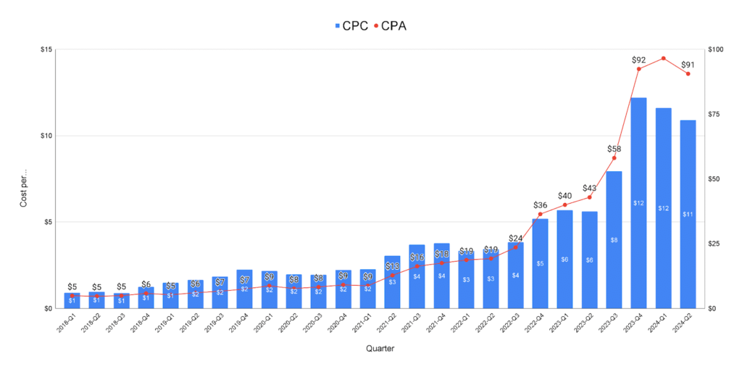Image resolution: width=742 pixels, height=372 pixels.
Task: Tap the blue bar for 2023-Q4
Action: (x=638, y=203)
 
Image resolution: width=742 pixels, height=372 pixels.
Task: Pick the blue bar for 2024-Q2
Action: (x=688, y=214)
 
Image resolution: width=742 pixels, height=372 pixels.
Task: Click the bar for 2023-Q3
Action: (x=614, y=239)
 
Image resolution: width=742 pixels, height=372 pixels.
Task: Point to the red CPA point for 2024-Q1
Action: (x=663, y=58)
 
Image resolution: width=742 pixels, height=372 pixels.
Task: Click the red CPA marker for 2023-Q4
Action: (x=638, y=69)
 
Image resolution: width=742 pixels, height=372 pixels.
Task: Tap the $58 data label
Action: (x=614, y=149)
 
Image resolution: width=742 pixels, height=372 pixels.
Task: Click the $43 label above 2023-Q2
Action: (x=589, y=189)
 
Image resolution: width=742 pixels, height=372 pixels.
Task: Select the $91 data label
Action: (x=688, y=65)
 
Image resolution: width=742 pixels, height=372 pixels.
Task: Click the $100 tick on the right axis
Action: (x=715, y=49)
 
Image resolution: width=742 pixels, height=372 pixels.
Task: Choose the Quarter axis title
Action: (x=380, y=349)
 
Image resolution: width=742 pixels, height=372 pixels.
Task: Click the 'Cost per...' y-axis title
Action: (x=23, y=189)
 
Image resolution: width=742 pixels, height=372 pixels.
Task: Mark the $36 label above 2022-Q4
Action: (x=541, y=205)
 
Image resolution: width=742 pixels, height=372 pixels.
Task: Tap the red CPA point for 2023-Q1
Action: (x=564, y=205)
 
